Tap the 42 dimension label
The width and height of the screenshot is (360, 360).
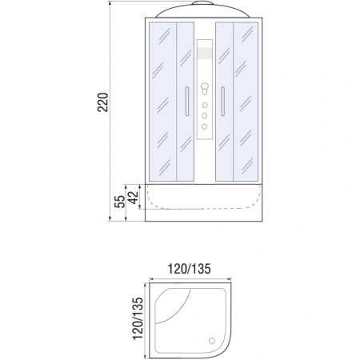(x=133, y=196)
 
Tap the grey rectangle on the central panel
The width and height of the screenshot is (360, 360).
(x=205, y=55)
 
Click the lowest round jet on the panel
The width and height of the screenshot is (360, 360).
(x=205, y=127)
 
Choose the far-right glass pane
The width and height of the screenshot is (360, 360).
(x=249, y=102)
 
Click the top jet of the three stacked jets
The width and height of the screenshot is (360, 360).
(x=205, y=103)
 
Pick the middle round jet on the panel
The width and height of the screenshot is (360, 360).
(x=205, y=115)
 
